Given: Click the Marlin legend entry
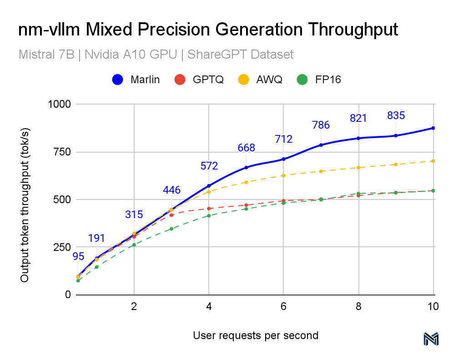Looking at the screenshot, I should click(x=136, y=80).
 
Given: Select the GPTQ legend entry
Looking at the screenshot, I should click(x=198, y=80).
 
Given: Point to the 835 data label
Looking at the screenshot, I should click(x=396, y=115).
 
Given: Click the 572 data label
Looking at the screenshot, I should click(x=209, y=166).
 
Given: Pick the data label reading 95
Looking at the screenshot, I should click(x=78, y=256).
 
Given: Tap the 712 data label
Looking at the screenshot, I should click(x=284, y=139).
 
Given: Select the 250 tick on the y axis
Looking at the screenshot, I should click(x=62, y=247).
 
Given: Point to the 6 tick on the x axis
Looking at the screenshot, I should click(x=283, y=306).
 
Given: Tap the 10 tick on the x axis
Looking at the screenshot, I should click(x=433, y=306).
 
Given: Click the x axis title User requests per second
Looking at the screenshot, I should click(x=256, y=335).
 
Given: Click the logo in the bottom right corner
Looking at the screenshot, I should click(x=430, y=339).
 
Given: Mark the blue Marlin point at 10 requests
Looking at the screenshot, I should click(x=433, y=128).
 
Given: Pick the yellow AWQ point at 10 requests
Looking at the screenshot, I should click(x=433, y=161).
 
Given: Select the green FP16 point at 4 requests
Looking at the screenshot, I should click(x=209, y=215).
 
